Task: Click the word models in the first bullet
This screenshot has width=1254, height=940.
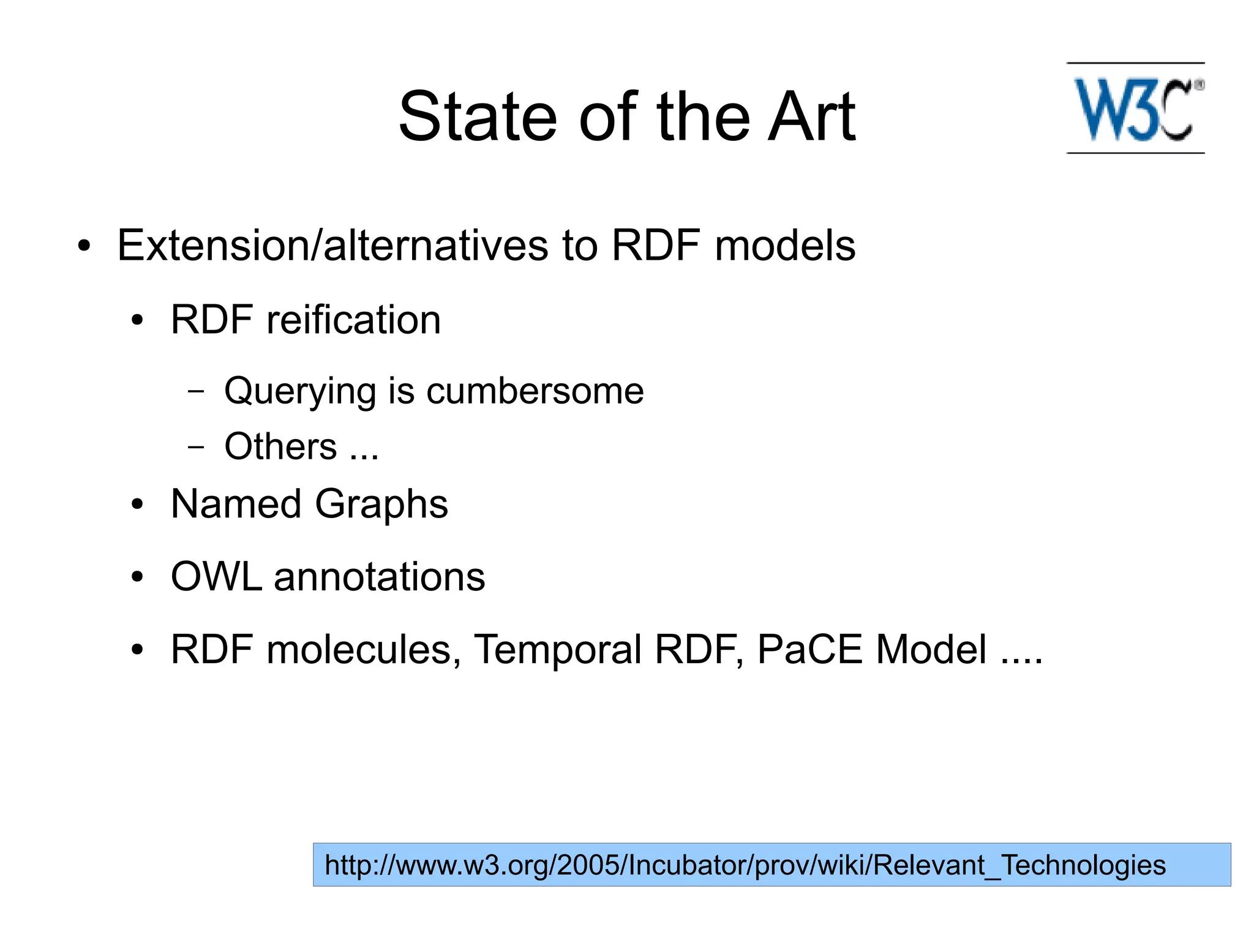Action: [785, 246]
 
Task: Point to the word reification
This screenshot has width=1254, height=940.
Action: [353, 320]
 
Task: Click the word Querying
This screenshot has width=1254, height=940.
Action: [299, 392]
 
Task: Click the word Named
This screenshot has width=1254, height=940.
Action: [236, 504]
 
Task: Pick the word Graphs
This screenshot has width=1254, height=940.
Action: [381, 505]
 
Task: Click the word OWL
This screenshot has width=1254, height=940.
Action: [216, 577]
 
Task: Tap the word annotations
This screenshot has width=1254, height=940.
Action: [379, 577]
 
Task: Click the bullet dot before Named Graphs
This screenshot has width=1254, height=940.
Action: [137, 505]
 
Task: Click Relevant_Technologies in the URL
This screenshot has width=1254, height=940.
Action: [1019, 865]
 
